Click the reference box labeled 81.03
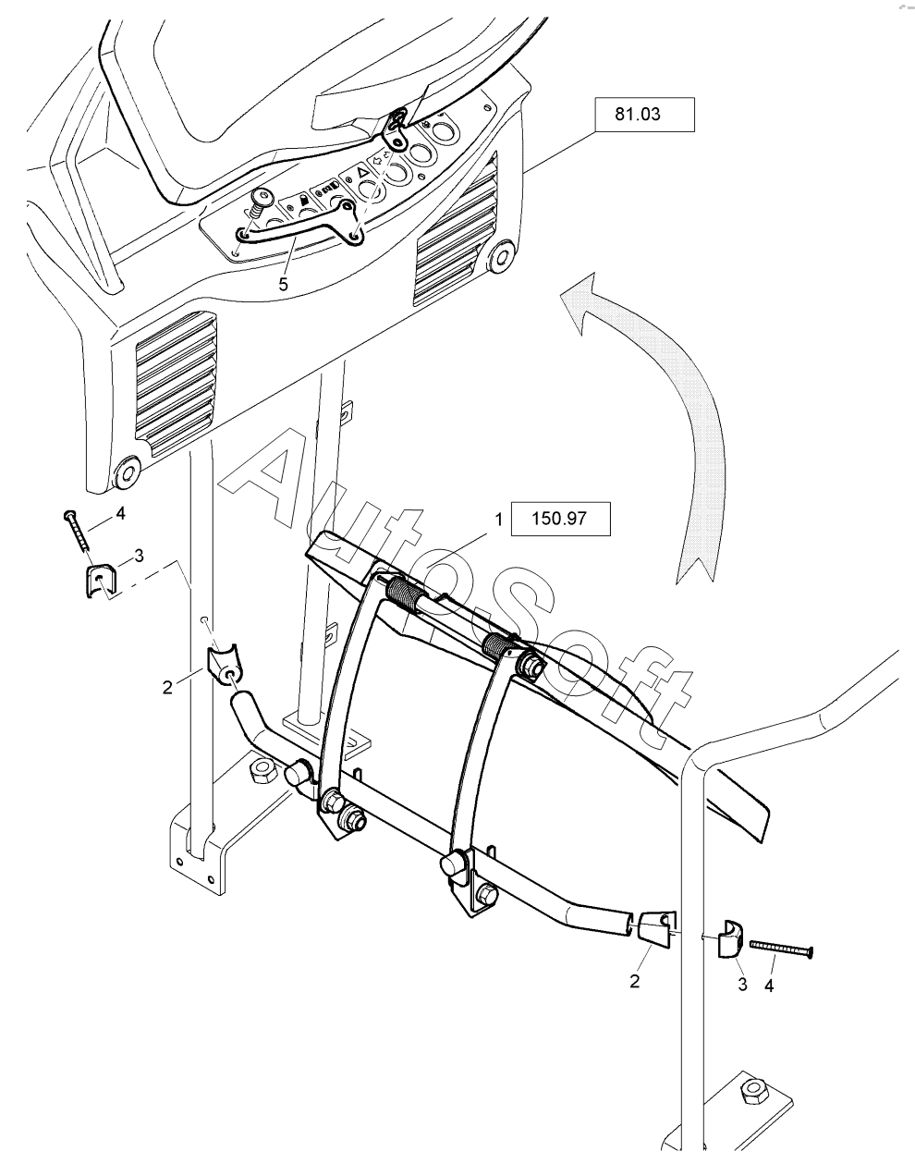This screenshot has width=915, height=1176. coord(644,115)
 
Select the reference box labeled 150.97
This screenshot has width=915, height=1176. coord(561,519)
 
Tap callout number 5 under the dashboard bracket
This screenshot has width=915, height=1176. coord(284,285)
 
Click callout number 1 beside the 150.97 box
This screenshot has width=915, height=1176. coord(498,520)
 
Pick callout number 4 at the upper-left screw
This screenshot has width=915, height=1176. coord(120,513)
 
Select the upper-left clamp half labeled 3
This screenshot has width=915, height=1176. coord(101,581)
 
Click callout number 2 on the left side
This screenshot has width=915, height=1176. coord(167,687)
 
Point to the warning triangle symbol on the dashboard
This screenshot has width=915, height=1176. coord(363,173)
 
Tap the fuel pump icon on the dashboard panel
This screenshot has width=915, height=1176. coord(304,202)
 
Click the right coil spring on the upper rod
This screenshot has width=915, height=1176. coord(498,643)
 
